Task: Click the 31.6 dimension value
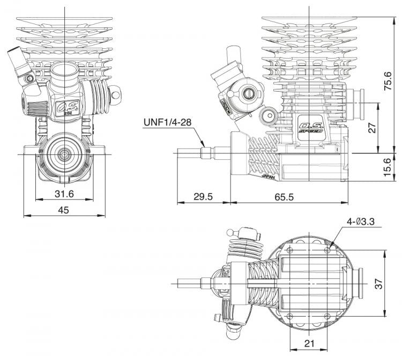click(63, 194)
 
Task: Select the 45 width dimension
click(63, 210)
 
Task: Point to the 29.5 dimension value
click(203, 197)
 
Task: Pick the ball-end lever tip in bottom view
click(230, 233)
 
